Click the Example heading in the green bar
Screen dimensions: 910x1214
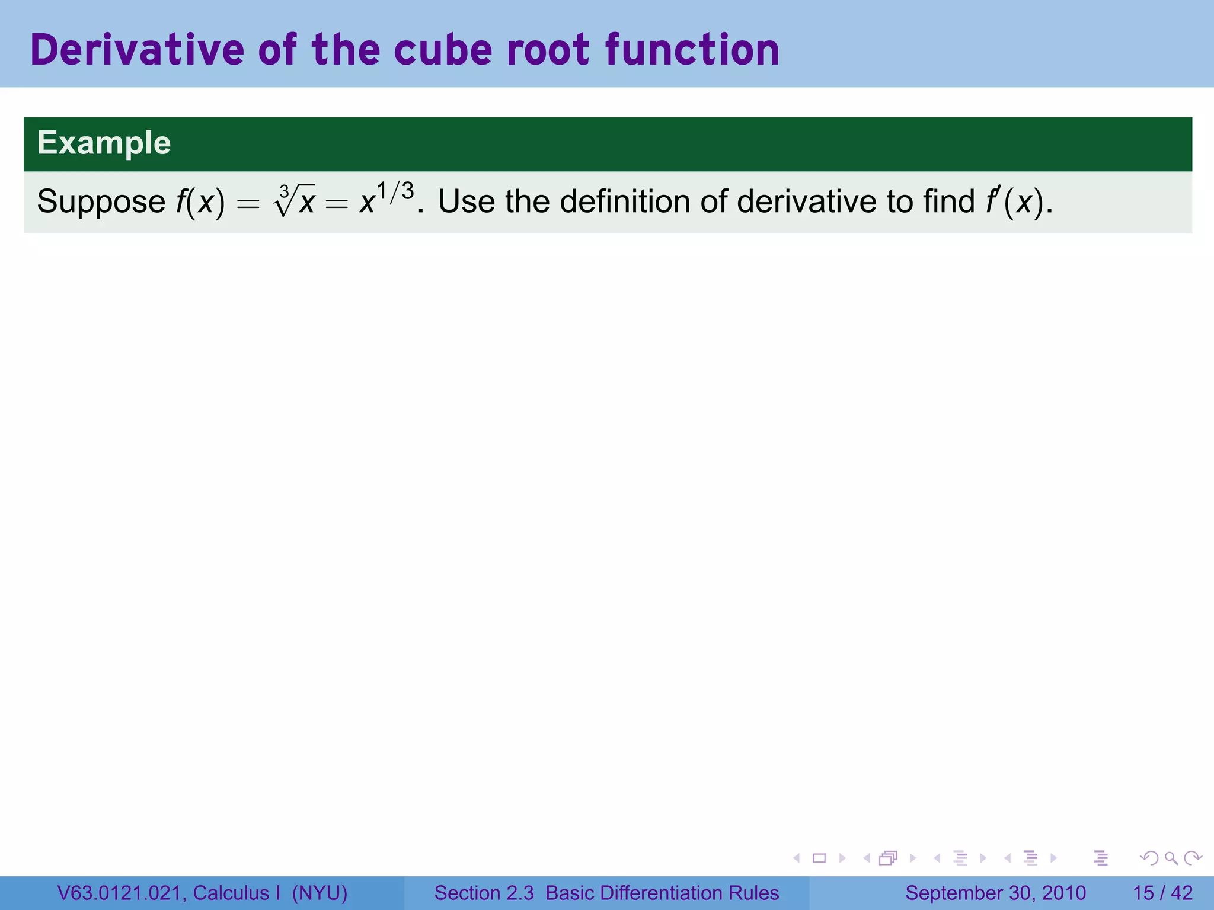[x=104, y=143]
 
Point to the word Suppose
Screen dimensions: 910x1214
[x=101, y=202]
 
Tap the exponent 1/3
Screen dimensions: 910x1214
[x=395, y=192]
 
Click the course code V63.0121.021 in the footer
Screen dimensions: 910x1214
[x=122, y=893]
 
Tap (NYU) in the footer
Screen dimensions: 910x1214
[x=320, y=893]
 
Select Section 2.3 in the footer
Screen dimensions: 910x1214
[x=484, y=893]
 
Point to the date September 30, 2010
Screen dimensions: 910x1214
[x=995, y=893]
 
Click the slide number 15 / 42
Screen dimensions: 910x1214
[x=1162, y=893]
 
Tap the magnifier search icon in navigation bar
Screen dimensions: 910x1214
[x=1171, y=858]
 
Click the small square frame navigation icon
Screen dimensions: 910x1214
[x=819, y=858]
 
